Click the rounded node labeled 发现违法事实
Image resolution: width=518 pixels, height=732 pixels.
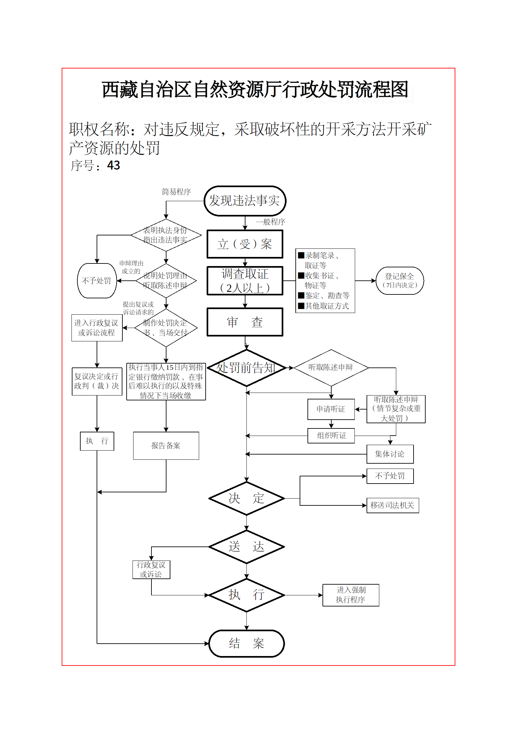click(245, 201)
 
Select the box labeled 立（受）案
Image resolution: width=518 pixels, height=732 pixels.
click(245, 244)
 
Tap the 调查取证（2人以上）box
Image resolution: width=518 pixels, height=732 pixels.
click(245, 281)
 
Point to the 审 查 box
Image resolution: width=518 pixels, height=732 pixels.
click(245, 322)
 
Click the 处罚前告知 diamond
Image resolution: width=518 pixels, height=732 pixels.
click(246, 368)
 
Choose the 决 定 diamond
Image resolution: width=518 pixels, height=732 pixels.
click(246, 498)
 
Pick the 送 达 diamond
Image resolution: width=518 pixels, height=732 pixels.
click(246, 547)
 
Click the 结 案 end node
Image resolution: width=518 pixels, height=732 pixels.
click(246, 643)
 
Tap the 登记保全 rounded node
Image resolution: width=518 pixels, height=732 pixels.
click(400, 281)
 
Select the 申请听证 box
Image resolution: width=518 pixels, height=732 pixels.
click(331, 409)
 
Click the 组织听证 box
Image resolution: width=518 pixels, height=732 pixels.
click(331, 436)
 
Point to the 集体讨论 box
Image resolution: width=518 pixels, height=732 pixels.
click(390, 454)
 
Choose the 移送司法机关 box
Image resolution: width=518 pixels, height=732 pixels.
click(392, 505)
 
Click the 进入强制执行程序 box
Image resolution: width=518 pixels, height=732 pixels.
click(351, 595)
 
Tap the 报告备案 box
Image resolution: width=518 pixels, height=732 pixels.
click(166, 446)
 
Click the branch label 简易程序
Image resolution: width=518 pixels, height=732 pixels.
click(176, 192)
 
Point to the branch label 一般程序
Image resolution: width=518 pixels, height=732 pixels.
click(271, 222)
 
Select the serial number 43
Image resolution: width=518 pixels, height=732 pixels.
click(114, 165)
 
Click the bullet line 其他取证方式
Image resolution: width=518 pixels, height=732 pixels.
click(327, 306)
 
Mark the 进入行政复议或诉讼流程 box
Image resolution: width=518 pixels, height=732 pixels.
click(97, 328)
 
